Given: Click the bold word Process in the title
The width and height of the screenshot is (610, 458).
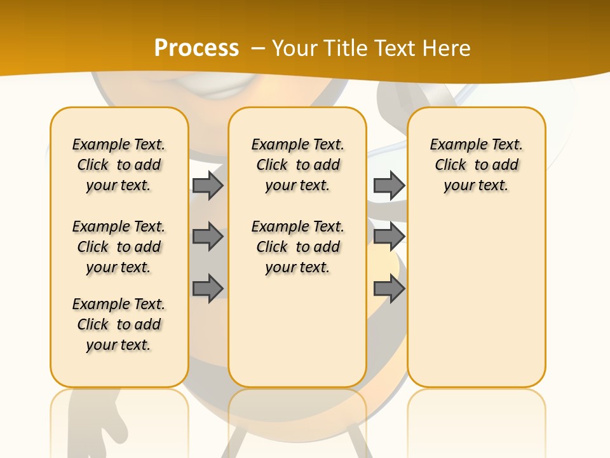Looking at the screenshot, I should coord(196,48).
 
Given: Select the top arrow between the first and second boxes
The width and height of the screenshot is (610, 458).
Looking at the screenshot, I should coord(208,185).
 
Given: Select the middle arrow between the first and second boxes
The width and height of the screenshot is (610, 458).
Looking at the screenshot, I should coord(208,237).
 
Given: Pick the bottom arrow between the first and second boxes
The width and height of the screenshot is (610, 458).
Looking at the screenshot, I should coord(208,289).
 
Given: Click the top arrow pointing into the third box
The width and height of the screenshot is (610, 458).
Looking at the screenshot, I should coord(389,185).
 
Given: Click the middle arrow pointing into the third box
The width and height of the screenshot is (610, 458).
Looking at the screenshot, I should coord(389,237).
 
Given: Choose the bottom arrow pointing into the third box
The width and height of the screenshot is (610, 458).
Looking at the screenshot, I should coord(389,289).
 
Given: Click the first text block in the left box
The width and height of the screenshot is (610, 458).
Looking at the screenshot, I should coord(119,165).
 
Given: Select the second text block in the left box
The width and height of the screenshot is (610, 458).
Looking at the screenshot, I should coord(119,247).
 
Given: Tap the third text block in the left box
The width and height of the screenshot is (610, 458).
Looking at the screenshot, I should coord(119,324).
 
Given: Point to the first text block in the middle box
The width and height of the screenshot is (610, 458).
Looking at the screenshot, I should coord(297,165).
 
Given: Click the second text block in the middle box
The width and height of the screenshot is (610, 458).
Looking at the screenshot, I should coord(297,247).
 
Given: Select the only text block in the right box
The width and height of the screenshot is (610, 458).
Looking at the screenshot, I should coord(476,165).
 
